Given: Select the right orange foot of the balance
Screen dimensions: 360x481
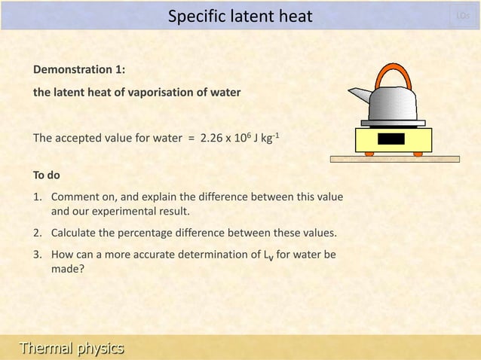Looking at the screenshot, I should tap(418, 154).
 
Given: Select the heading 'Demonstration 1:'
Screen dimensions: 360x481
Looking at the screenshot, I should tap(79, 70).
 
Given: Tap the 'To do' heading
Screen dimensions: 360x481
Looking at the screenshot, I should tap(47, 176).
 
